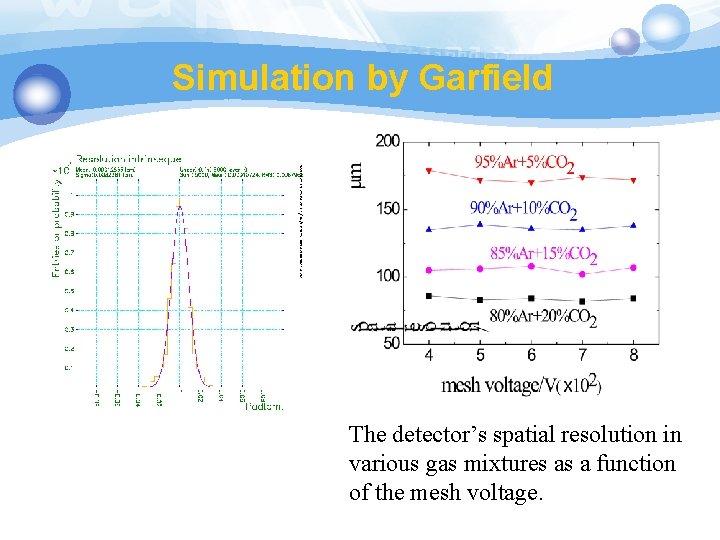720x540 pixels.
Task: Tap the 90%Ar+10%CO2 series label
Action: point(523,210)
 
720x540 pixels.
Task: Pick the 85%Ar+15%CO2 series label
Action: point(543,255)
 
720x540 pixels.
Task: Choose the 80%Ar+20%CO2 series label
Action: point(543,319)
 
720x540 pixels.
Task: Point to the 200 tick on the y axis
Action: point(388,141)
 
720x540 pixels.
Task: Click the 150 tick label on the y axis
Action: point(388,209)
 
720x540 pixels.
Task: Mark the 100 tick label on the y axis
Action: point(388,276)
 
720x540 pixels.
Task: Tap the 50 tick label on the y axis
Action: point(391,343)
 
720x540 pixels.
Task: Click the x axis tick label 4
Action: point(428,355)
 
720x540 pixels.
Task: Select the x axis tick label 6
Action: point(531,355)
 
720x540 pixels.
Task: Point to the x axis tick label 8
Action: point(634,355)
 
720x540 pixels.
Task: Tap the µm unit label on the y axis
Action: point(357,174)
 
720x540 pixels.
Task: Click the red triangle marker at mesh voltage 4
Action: point(428,171)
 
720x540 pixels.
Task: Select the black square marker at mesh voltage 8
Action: point(634,298)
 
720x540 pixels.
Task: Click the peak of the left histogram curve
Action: point(180,206)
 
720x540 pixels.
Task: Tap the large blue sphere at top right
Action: point(666,27)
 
